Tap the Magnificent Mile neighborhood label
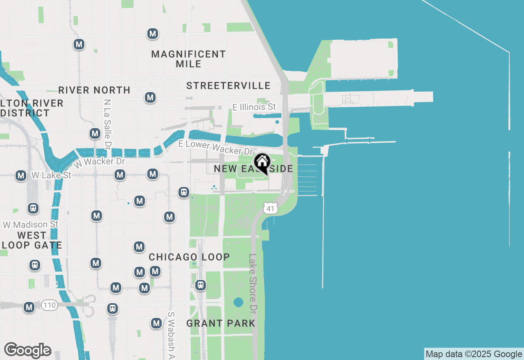188,59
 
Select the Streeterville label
228,85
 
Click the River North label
94,90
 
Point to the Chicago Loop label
189,257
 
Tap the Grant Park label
221,323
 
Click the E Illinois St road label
254,107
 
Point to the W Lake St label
51,175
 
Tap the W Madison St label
31,225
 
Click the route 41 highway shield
271,208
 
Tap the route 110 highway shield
49,305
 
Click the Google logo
27,350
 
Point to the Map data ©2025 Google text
474,354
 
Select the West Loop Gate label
32,240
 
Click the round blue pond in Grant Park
238,303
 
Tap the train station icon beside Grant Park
201,285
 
